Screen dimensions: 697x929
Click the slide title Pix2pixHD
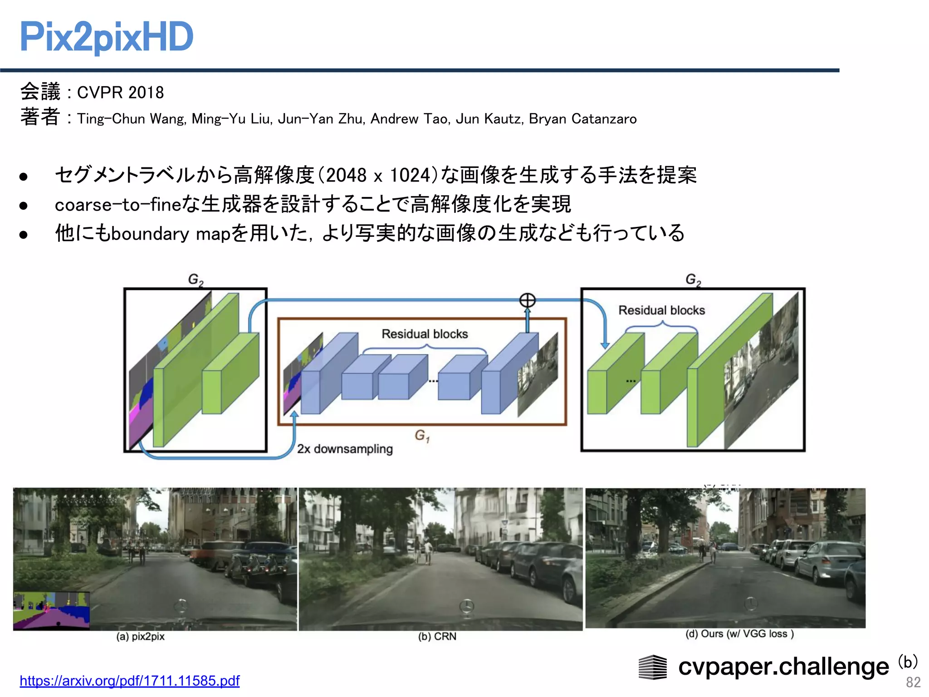107,37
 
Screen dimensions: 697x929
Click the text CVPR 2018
120,93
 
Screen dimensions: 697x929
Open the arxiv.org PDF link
129,680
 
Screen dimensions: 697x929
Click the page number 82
913,682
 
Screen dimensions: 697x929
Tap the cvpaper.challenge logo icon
652,667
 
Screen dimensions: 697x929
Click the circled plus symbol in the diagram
527,300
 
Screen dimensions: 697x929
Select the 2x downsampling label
345,449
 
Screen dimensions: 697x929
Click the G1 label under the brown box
422,436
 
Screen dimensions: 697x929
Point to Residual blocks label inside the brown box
425,334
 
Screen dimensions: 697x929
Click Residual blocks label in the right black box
661,310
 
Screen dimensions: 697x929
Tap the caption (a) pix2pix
140,636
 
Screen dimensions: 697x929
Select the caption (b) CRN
437,636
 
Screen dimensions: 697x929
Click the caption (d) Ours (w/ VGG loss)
739,634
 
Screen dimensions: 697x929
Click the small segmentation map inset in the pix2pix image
51,610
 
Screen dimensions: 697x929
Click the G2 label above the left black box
196,279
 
